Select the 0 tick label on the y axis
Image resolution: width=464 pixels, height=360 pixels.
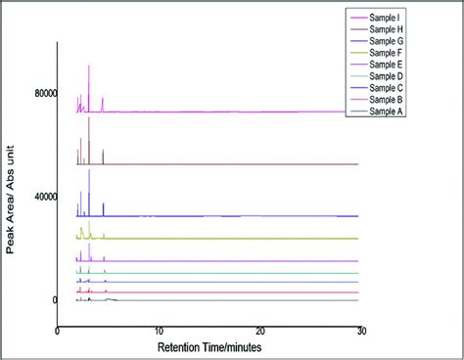coord(54,300)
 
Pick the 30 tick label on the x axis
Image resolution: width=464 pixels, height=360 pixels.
coord(360,331)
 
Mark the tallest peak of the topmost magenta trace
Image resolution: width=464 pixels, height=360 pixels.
coord(89,67)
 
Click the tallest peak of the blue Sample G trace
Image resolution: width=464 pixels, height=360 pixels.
coord(89,171)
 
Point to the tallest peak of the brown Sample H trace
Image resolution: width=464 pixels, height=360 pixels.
coord(89,118)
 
